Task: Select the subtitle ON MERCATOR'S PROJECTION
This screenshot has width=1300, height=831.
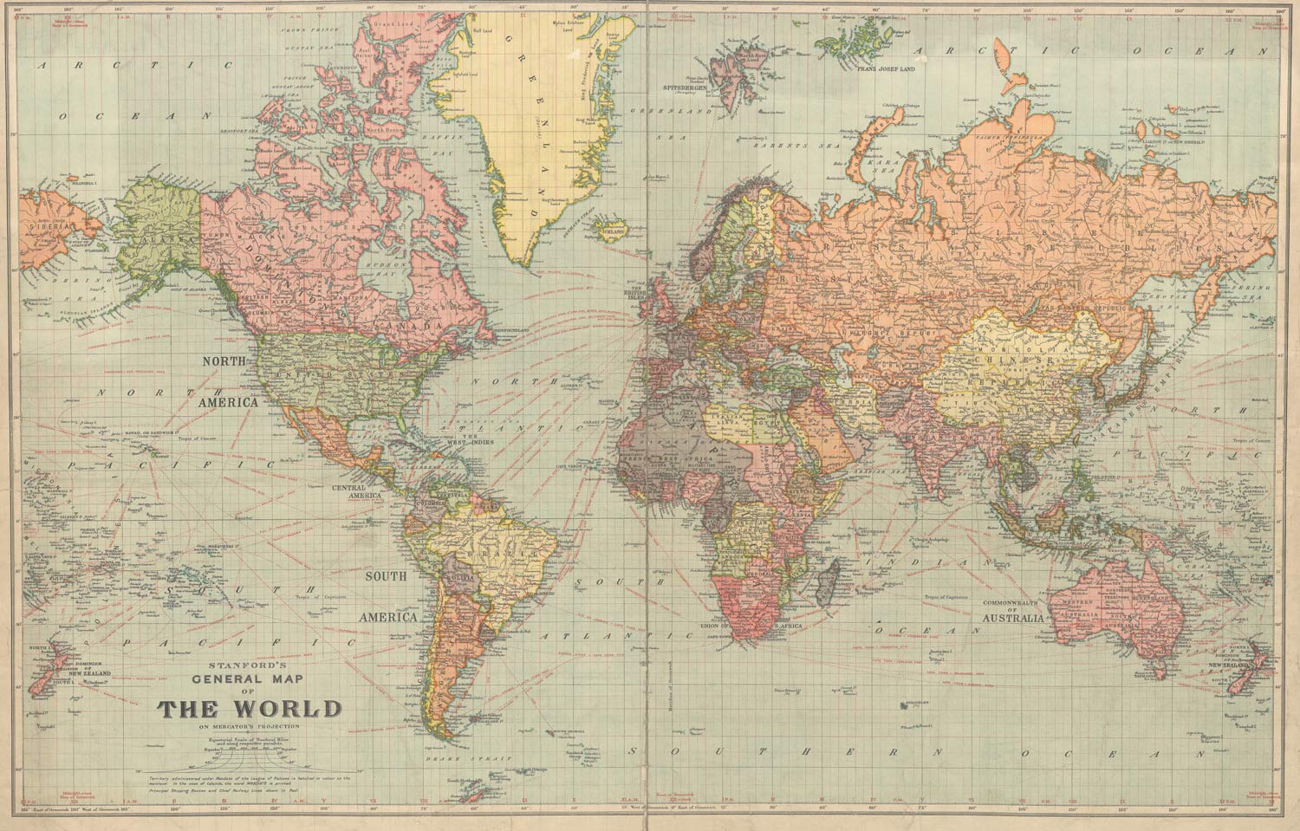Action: [249, 726]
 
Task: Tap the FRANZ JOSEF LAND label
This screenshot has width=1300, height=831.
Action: [885, 67]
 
